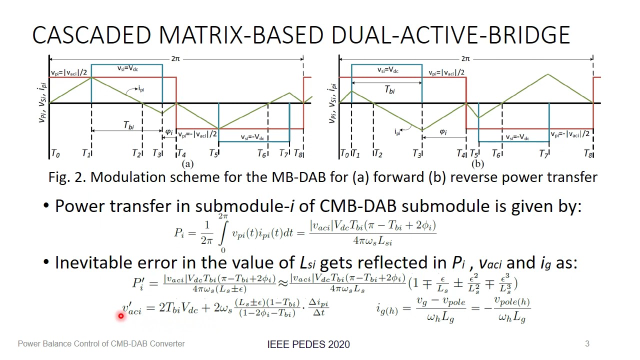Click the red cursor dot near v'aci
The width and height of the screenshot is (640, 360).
tap(121, 315)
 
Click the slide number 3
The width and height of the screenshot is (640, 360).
tap(587, 343)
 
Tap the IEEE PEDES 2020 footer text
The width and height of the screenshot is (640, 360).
tap(308, 344)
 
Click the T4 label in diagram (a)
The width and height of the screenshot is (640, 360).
tap(181, 153)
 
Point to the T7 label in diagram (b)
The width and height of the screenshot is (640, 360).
tap(543, 154)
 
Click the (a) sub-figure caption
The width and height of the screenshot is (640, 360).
tap(187, 163)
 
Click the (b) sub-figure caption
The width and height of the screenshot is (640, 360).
tap(477, 163)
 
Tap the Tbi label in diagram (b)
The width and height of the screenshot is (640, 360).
tap(389, 89)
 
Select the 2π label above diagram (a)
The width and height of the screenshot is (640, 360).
tap(175, 58)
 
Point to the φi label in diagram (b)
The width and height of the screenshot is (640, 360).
tap(443, 132)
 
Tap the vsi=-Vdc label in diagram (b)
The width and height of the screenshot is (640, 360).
tap(517, 137)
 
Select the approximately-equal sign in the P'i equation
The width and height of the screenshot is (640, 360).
tap(283, 283)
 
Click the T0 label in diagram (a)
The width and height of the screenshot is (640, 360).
tap(55, 153)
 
